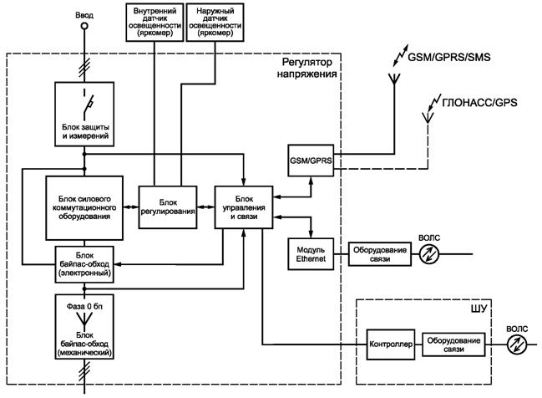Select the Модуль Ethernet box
tap(310, 253)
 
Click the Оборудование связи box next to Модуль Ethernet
tap(381, 253)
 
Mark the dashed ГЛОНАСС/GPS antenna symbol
tap(428, 117)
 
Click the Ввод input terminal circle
tap(83, 28)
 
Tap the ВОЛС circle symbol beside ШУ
tap(514, 344)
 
